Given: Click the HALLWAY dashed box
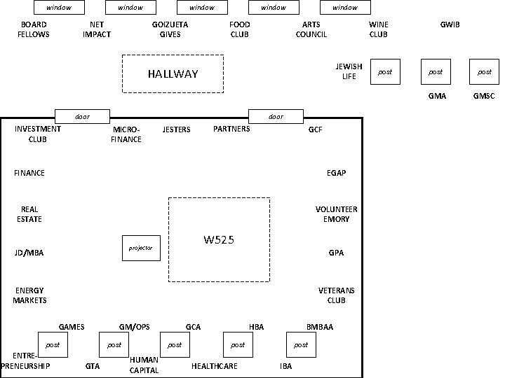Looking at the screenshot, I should click(173, 73).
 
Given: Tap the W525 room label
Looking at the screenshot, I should click(219, 240).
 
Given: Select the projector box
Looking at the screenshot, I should click(141, 248).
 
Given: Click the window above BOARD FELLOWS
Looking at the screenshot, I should click(59, 8).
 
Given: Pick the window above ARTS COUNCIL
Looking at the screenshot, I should click(345, 8).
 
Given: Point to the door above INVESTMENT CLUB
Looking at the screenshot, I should click(83, 116).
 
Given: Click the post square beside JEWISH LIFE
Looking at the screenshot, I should click(385, 71).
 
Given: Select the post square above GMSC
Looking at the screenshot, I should click(485, 71).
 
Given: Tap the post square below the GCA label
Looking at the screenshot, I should click(175, 344).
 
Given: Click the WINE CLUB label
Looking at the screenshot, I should click(379, 29).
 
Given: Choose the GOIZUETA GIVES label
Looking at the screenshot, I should click(170, 29).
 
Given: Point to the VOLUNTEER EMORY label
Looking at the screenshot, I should click(336, 214).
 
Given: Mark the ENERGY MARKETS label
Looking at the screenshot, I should click(29, 295).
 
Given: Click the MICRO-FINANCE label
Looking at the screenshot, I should click(126, 134).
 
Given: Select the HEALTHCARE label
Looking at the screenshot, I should click(215, 366).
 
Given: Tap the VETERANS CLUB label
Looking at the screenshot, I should click(336, 295).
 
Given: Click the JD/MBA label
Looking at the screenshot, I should click(29, 253).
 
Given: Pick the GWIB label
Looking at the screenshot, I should click(450, 24).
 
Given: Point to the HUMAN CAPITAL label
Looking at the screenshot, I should click(144, 365).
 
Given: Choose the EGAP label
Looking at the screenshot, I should click(336, 173).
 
